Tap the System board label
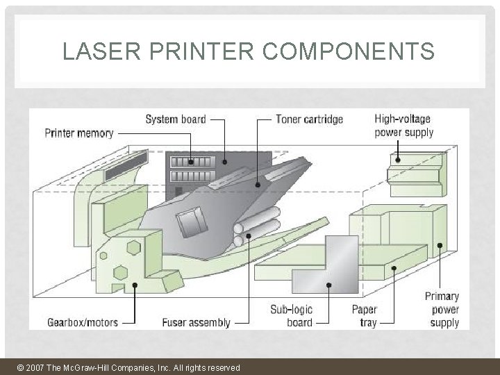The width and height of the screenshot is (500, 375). point(175,119)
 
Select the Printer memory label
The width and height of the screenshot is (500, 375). point(79,133)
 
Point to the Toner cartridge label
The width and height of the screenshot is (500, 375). point(309,119)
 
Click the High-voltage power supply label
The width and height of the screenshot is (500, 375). point(403,125)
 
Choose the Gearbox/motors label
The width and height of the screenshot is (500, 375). point(83,322)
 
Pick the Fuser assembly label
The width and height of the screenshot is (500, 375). point(196,322)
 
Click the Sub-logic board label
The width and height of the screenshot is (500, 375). point(291,316)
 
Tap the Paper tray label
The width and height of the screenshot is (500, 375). point(364,316)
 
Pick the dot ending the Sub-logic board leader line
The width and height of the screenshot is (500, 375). point(329,285)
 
